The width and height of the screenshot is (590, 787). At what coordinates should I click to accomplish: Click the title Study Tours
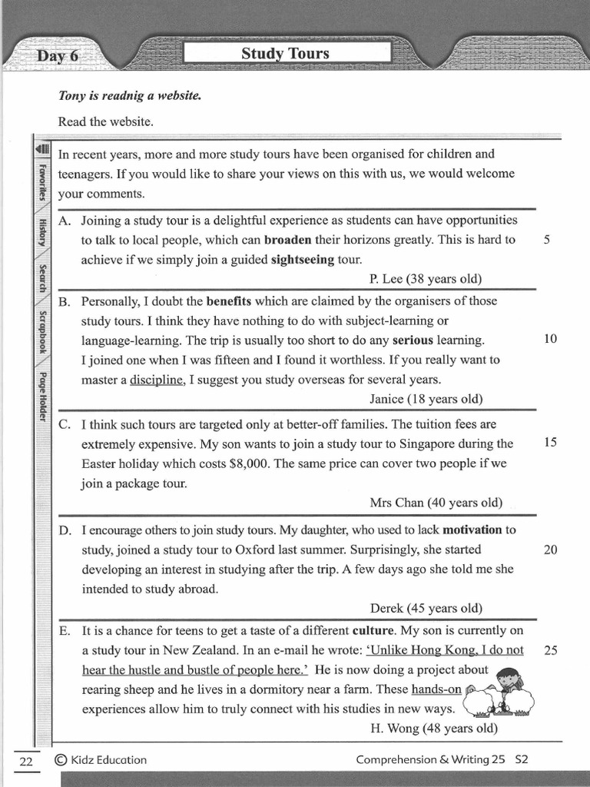tap(285, 53)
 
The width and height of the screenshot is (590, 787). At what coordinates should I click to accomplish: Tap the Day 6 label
tap(57, 56)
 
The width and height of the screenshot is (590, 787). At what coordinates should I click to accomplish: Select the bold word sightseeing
tap(303, 259)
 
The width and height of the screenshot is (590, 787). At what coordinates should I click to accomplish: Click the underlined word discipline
tap(157, 379)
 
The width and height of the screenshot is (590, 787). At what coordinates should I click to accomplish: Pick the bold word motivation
tap(472, 530)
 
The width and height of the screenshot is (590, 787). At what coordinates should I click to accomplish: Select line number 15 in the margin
tap(550, 443)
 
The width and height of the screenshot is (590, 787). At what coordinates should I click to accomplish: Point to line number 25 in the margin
tap(550, 650)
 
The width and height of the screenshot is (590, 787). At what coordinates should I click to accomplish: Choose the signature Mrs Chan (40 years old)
tap(436, 503)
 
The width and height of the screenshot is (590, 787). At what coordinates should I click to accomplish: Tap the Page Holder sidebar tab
tap(43, 398)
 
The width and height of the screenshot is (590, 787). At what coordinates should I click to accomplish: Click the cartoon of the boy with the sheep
tap(501, 692)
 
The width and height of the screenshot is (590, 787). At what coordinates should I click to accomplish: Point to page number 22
tap(26, 760)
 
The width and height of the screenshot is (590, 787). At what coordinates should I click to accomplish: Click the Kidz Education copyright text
tap(101, 759)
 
